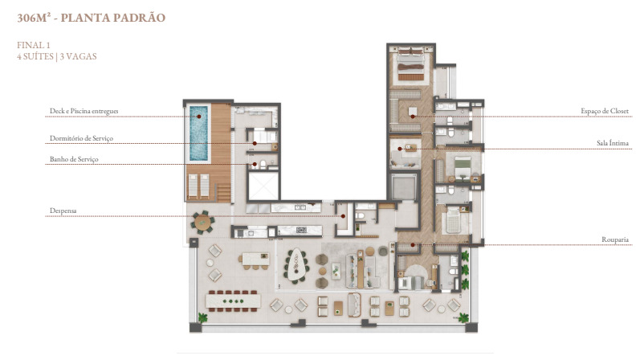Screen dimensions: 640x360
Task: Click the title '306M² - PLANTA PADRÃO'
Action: pos(91,18)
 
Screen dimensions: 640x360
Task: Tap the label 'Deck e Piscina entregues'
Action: pos(84,111)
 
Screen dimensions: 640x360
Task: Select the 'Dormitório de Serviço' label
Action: pos(81,138)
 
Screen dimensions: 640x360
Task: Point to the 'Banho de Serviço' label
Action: pos(74,159)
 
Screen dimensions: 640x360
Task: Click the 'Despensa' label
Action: pos(63,211)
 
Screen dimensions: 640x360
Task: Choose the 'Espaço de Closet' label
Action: pos(605,111)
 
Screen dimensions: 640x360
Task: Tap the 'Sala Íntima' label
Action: pos(612,142)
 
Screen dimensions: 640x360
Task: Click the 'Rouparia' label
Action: pos(614,239)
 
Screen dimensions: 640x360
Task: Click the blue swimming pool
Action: pos(198,133)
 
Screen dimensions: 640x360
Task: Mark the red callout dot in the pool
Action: pos(199,117)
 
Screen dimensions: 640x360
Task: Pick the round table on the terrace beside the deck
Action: pos(203,223)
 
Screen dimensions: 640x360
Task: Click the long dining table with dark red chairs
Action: pos(233,301)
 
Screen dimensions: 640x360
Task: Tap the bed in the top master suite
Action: pos(410,63)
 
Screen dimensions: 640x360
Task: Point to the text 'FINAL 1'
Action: pos(34,45)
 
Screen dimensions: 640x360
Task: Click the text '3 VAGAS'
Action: pos(79,56)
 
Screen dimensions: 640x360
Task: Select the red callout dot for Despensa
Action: pos(343,216)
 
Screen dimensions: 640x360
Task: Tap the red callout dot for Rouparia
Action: pos(413,245)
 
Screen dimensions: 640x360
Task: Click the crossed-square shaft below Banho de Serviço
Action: pos(263,186)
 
